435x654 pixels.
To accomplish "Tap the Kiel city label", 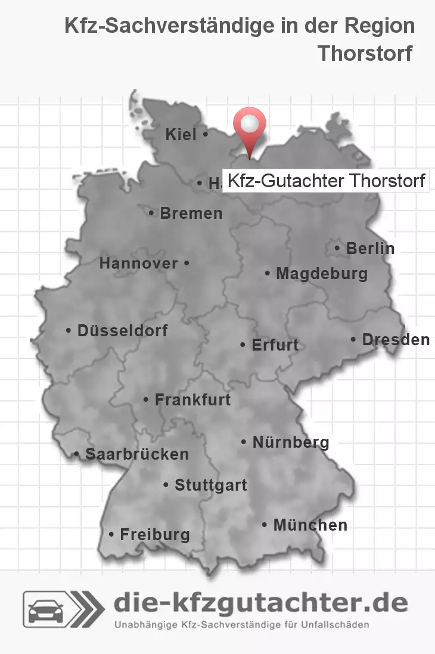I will click(181, 135).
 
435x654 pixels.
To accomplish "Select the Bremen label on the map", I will click(191, 213).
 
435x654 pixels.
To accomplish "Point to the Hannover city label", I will click(138, 263).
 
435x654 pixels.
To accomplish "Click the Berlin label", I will click(370, 248).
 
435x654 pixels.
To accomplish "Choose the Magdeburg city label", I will click(321, 274).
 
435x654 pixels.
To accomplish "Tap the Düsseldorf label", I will click(122, 330).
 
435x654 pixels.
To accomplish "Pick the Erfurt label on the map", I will click(275, 345).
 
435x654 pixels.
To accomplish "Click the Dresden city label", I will click(395, 339).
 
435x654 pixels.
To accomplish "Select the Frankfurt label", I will click(192, 399).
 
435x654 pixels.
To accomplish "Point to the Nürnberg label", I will click(290, 442).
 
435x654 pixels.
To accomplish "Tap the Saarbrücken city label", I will click(136, 454).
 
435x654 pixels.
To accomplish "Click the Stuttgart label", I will click(210, 485).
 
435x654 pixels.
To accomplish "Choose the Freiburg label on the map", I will click(154, 534).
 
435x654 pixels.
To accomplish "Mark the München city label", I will click(310, 525).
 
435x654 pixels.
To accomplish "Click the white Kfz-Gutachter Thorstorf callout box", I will click(326, 180).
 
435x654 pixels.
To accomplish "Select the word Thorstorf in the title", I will click(365, 53).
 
